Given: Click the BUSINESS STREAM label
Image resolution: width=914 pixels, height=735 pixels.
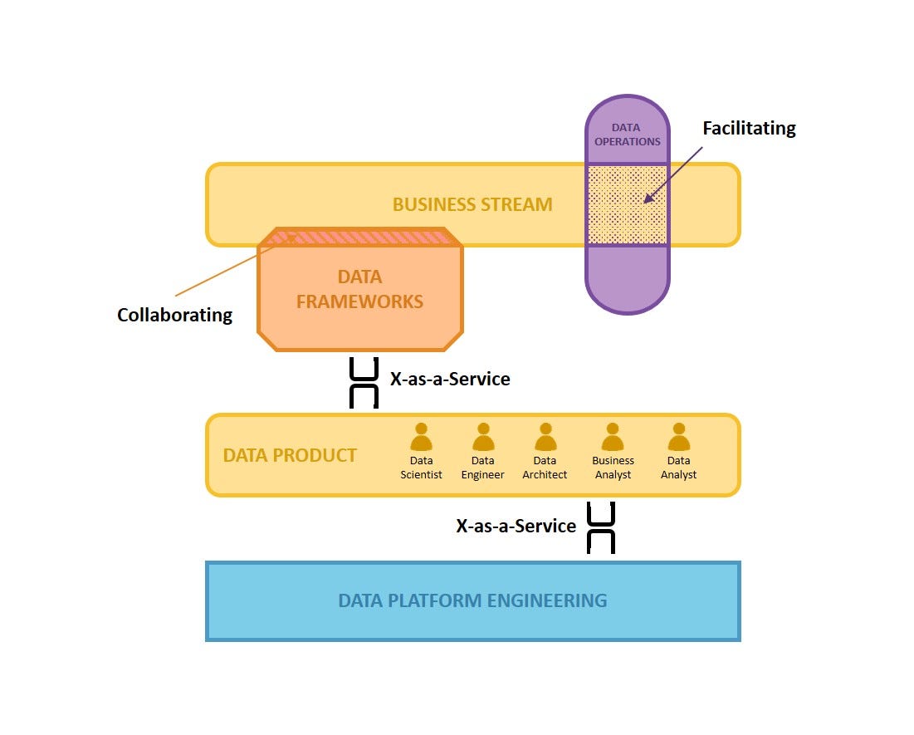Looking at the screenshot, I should click(x=472, y=204).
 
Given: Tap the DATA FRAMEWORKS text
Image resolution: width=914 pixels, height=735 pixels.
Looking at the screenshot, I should click(x=359, y=289).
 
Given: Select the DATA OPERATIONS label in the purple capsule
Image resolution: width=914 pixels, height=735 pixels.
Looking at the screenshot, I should click(x=627, y=135).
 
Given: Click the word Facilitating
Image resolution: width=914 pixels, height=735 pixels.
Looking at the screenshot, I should click(x=749, y=128).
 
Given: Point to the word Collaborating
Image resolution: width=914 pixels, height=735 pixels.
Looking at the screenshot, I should click(x=174, y=315).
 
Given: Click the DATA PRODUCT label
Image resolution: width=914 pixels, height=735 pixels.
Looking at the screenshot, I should click(x=290, y=455).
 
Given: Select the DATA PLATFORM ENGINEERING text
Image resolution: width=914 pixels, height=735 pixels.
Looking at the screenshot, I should click(x=472, y=600).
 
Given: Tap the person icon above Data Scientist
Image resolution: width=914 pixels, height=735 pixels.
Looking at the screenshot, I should click(x=422, y=437).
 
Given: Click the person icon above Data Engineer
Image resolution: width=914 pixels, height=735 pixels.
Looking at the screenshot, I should click(x=483, y=437).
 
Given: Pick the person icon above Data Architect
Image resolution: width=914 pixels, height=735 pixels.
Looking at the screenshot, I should click(x=545, y=437).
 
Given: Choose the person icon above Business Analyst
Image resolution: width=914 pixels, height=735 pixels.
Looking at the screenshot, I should click(x=613, y=437).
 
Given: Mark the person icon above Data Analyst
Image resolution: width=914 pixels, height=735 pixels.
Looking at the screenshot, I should click(x=679, y=437).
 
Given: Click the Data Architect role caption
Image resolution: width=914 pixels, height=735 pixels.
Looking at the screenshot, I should click(x=545, y=468).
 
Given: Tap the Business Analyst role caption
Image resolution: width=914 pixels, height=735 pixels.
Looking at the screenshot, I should click(x=613, y=468).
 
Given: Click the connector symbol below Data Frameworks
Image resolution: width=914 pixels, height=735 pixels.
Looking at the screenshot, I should click(x=364, y=383).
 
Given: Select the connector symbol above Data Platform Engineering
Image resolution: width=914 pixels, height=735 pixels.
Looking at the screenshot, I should click(x=601, y=527).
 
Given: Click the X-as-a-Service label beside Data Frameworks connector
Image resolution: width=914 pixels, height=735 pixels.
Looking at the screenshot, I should click(x=450, y=379).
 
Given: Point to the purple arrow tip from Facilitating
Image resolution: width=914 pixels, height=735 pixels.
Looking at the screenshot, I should click(x=646, y=201).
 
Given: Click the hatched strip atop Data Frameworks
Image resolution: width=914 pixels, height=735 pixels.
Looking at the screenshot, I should click(x=359, y=238).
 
